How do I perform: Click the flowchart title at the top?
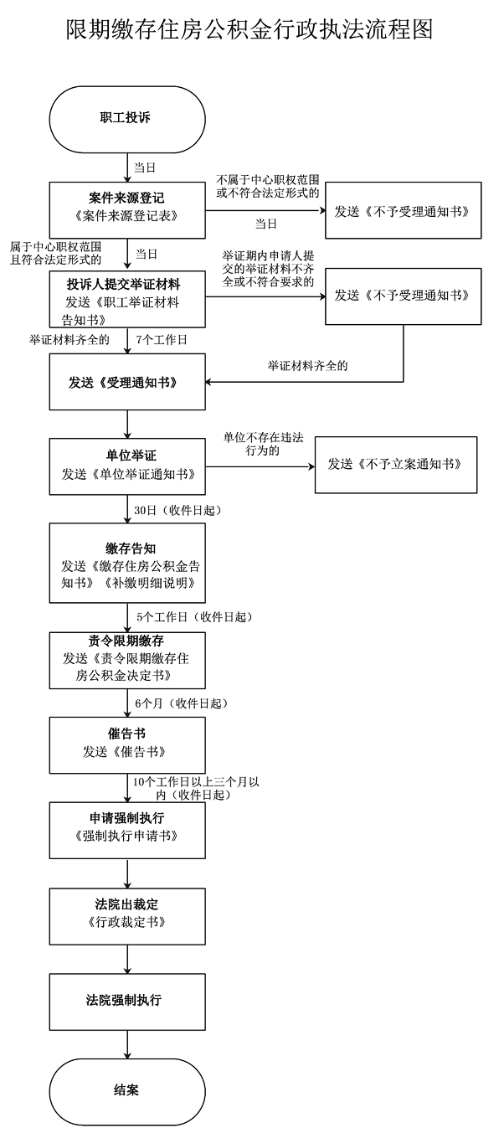(249, 31)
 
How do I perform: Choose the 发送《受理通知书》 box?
(127, 382)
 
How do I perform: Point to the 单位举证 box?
(127, 465)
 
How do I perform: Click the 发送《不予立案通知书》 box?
(395, 464)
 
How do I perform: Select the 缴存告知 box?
(127, 563)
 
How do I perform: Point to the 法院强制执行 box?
(127, 1000)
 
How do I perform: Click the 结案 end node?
(127, 1090)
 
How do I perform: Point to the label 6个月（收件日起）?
(181, 703)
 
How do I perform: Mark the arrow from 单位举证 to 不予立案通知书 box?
(260, 465)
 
